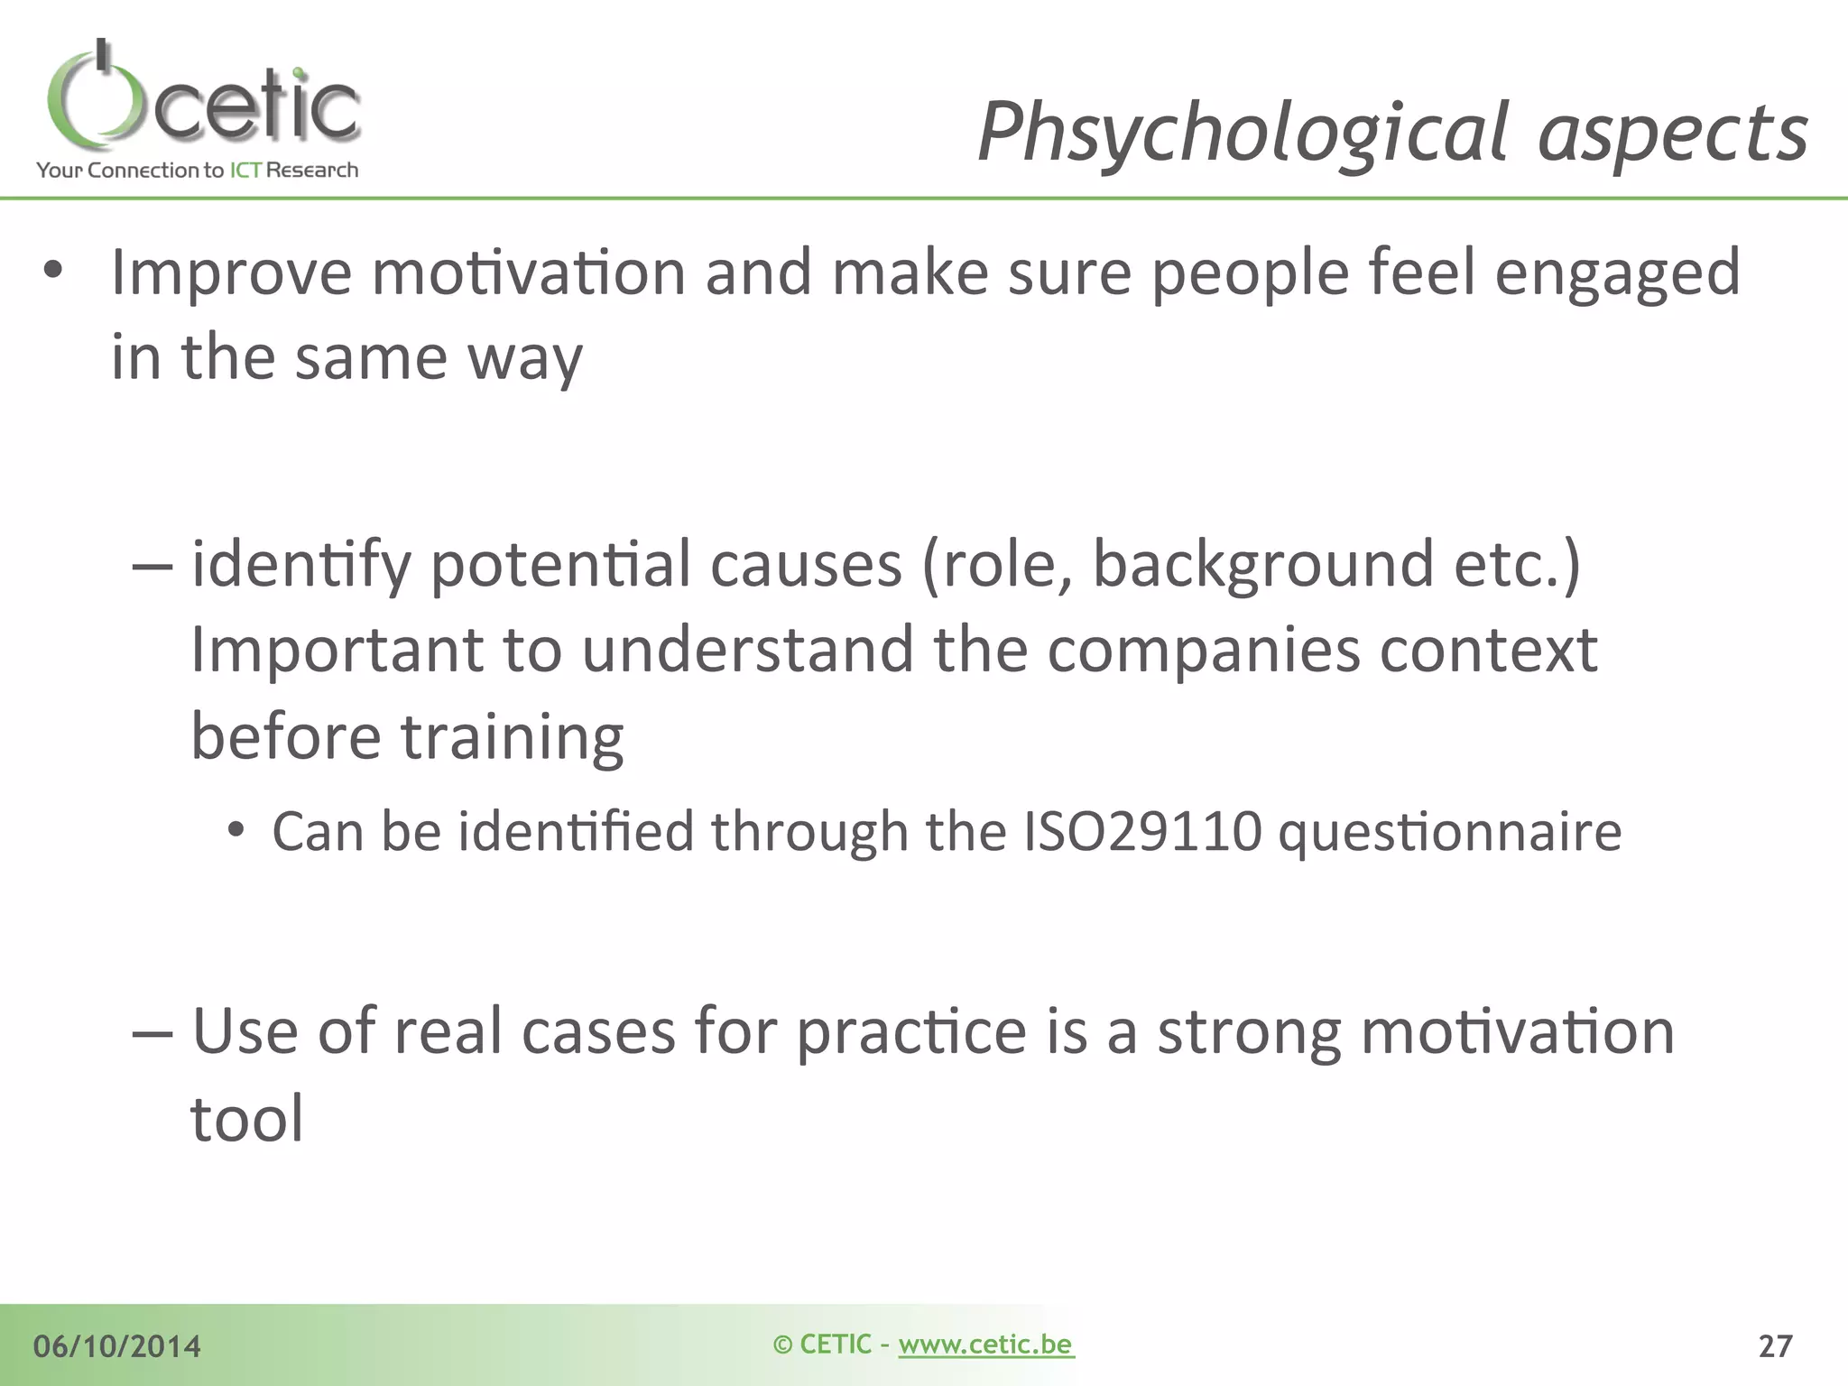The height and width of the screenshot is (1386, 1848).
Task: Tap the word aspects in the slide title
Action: pos(1673,133)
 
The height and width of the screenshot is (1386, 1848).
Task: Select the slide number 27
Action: pos(1775,1346)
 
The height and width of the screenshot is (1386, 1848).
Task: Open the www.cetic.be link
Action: pos(985,1344)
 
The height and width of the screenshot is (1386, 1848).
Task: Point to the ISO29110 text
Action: pos(1141,831)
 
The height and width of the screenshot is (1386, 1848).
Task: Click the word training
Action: pos(512,738)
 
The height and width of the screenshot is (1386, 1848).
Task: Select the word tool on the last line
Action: pos(247,1119)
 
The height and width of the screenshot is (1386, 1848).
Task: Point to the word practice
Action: pos(911,1033)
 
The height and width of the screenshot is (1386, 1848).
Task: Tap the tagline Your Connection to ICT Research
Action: pos(198,170)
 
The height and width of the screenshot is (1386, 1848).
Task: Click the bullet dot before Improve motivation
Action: pos(53,270)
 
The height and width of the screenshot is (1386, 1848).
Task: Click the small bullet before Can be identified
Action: pos(236,829)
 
